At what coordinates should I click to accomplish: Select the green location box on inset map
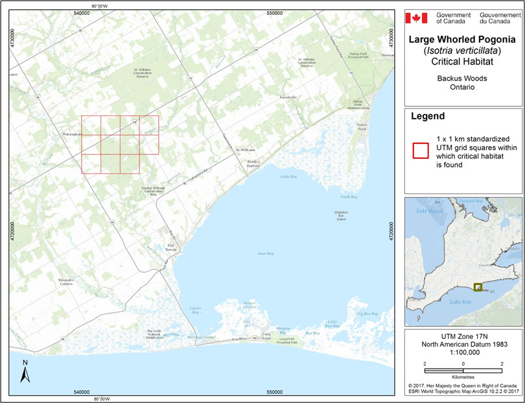478,287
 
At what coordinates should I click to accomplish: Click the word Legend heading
428,117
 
